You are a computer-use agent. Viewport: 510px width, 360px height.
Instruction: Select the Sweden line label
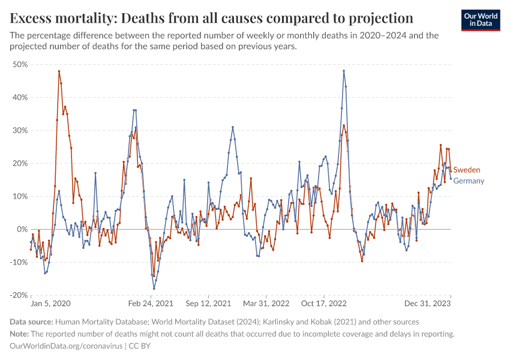coord(466,170)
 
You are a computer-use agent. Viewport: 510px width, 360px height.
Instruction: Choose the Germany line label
coord(469,181)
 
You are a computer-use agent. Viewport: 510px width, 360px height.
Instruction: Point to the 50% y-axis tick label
coord(20,64)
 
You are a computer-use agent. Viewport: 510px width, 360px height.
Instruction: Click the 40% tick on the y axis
coord(20,97)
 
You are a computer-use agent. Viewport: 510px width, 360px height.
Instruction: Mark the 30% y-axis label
coord(20,130)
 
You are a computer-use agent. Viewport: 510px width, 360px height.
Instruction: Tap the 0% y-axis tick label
coord(22,229)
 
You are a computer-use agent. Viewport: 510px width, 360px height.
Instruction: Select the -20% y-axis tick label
coord(19,295)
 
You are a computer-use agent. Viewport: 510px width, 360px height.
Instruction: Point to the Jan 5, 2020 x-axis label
coord(50,304)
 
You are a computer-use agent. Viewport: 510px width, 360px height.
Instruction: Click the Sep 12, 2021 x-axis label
coord(208,304)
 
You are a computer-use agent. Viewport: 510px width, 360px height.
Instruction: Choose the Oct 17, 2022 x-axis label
coord(324,304)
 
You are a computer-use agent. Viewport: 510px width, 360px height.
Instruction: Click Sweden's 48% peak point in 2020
coord(59,71)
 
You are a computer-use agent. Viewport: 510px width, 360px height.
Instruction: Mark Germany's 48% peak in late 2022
coord(344,71)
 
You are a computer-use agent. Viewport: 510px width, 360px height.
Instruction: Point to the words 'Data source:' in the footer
coord(31,322)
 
